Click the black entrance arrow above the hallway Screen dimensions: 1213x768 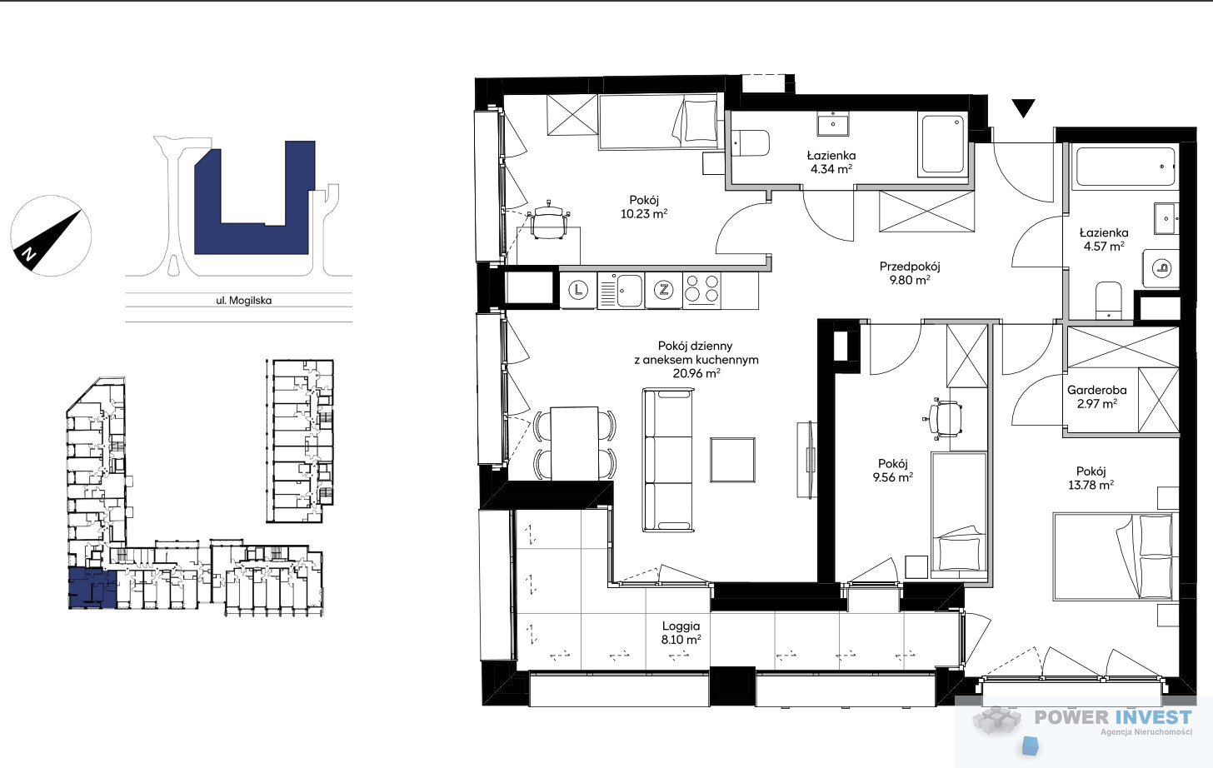[x=1023, y=107]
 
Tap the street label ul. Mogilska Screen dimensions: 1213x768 [x=243, y=300]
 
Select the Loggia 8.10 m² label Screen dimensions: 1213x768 [x=681, y=632]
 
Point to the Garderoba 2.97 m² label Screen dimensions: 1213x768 [x=1096, y=396]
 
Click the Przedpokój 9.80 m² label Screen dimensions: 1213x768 [x=910, y=273]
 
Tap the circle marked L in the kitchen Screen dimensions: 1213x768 [x=578, y=290]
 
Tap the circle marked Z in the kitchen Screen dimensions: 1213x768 [x=663, y=290]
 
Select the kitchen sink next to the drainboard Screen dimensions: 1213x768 [x=629, y=291]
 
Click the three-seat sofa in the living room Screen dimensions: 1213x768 [x=669, y=459]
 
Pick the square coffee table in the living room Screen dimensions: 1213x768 [x=732, y=460]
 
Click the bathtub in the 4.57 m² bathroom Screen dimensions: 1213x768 [x=1126, y=167]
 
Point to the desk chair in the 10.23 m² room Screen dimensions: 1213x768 [x=550, y=219]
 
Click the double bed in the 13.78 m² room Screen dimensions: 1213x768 [x=1116, y=556]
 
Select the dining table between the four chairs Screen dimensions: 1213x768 [x=575, y=443]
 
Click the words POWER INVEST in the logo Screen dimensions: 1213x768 [x=1113, y=717]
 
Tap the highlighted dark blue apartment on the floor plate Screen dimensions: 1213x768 [x=92, y=587]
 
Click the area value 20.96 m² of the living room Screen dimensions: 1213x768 [x=696, y=373]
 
